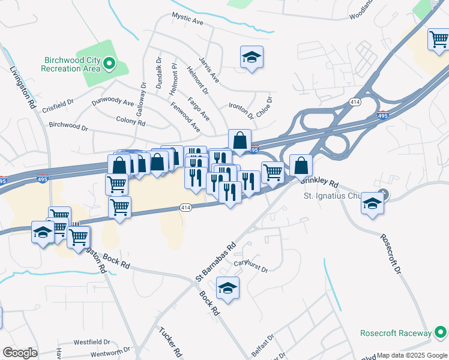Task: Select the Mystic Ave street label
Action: coord(188,20)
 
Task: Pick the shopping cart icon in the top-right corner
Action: coord(438,40)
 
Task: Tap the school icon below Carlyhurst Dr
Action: coord(227,289)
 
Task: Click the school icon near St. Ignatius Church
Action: coord(372,205)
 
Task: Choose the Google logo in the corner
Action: coord(20,353)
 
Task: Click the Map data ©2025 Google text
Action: coord(412,355)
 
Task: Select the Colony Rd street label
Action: coord(130,121)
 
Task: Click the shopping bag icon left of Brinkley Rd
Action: coord(301,165)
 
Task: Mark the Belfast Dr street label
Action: coord(262,346)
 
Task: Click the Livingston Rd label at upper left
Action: coord(23,87)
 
